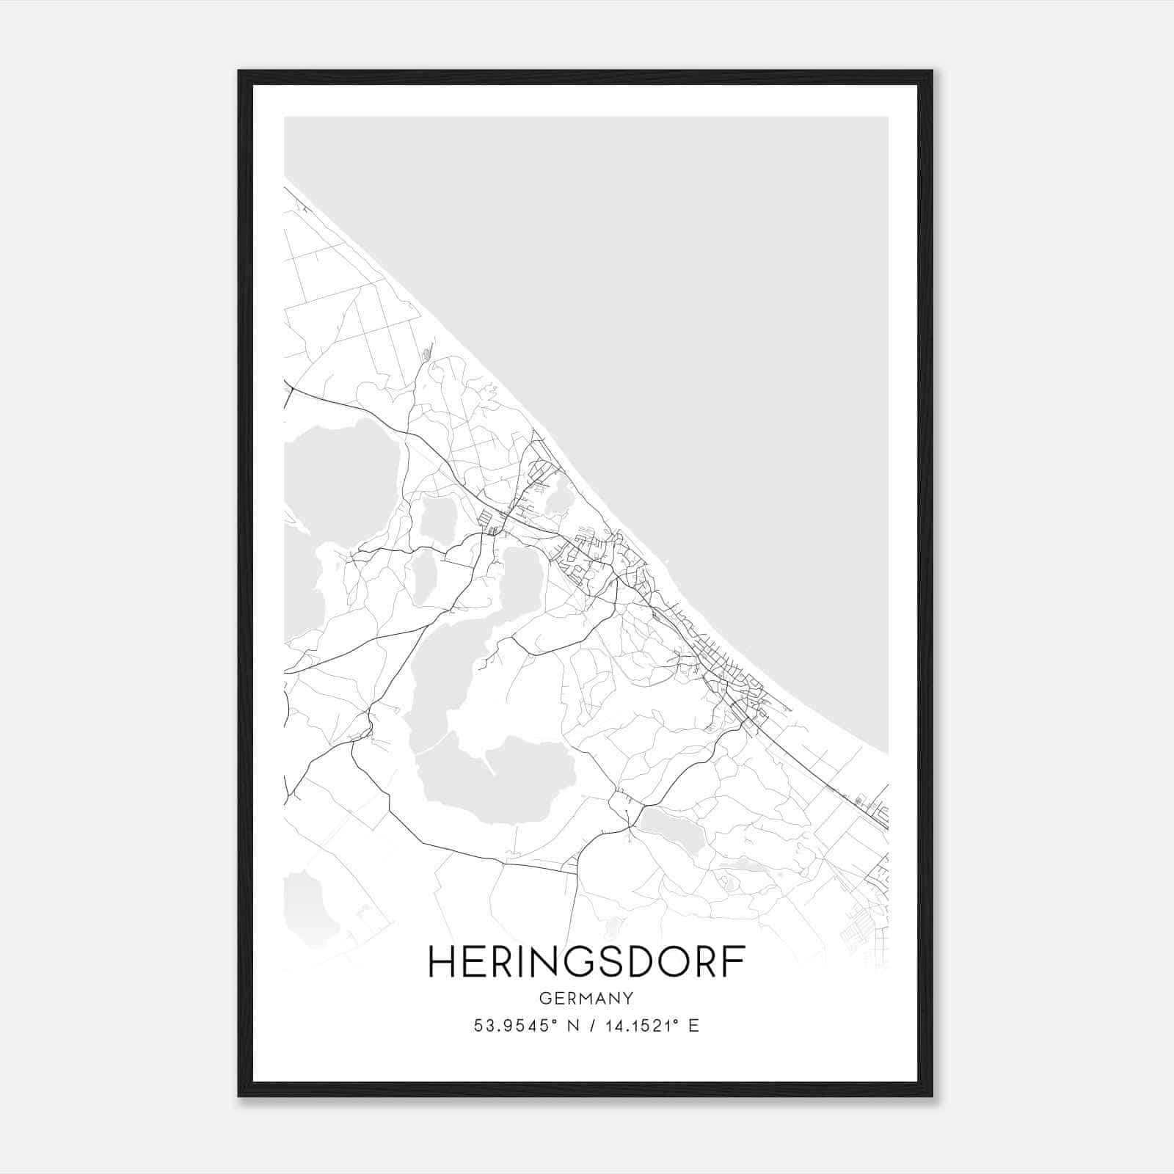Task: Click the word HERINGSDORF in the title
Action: (586, 962)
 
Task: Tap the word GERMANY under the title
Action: (586, 998)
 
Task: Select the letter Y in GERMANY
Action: (628, 998)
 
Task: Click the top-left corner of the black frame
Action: (239, 71)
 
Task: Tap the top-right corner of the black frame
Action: (932, 71)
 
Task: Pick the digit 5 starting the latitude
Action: (478, 1026)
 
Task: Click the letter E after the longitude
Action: (694, 1026)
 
